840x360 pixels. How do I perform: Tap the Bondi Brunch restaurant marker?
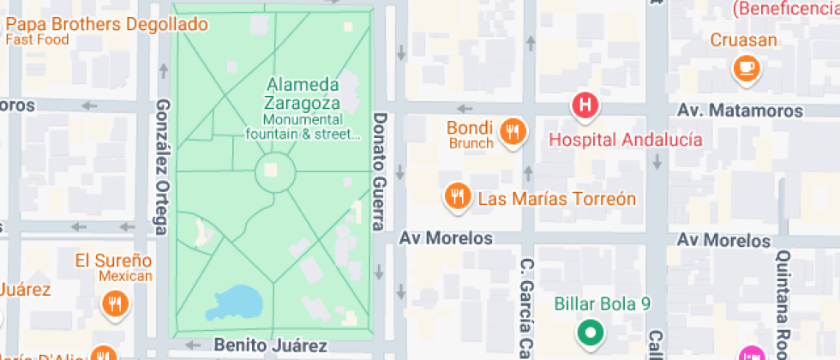pyautogui.click(x=513, y=132)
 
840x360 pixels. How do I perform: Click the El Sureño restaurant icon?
pyautogui.click(x=114, y=303)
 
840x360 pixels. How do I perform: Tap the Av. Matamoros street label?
pyautogui.click(x=741, y=111)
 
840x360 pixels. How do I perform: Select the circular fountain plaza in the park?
pyautogui.click(x=275, y=171)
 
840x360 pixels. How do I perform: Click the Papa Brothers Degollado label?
pyautogui.click(x=106, y=24)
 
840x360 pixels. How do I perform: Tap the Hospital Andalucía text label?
pyautogui.click(x=626, y=140)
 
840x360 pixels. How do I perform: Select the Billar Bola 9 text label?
pyautogui.click(x=603, y=303)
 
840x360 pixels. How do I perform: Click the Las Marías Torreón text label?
pyautogui.click(x=556, y=199)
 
